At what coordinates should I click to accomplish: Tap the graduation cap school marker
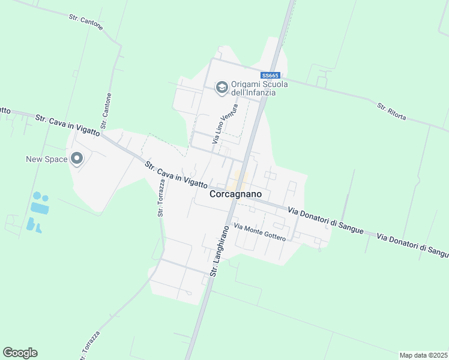point(221,88)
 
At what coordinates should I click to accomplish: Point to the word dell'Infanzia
point(253,93)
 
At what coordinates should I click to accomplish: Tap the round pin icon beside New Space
point(76,158)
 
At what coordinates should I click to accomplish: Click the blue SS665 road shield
point(270,76)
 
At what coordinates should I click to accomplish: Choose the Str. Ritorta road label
point(391,112)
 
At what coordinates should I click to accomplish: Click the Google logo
point(20,353)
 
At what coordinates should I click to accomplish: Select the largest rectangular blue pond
point(40,208)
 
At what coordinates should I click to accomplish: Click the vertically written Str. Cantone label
point(106,111)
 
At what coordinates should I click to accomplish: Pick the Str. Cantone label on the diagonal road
point(86,23)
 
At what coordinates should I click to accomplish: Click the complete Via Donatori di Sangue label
point(318,217)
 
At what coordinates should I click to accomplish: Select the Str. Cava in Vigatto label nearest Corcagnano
point(176,175)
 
